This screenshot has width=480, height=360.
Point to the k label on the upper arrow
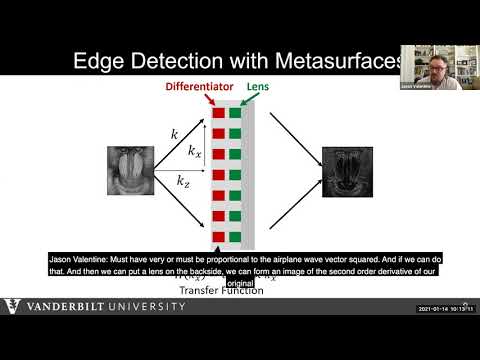[174, 133]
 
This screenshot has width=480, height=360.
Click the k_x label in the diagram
[195, 151]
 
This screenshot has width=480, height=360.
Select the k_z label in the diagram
[184, 181]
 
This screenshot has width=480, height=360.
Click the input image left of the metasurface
[129, 170]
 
